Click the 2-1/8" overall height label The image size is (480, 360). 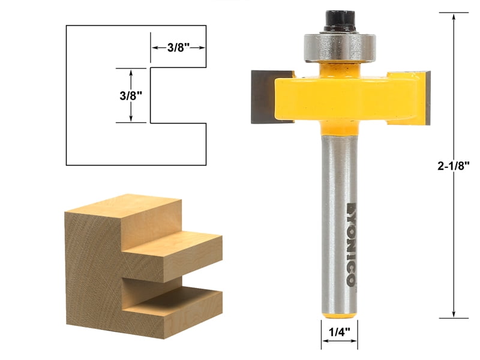click(455, 167)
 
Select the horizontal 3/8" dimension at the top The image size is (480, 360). click(178, 48)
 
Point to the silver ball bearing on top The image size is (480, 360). click(340, 46)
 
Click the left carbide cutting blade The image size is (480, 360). click(263, 97)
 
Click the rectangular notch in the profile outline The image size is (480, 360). click(177, 95)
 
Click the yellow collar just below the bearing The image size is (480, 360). click(340, 67)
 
